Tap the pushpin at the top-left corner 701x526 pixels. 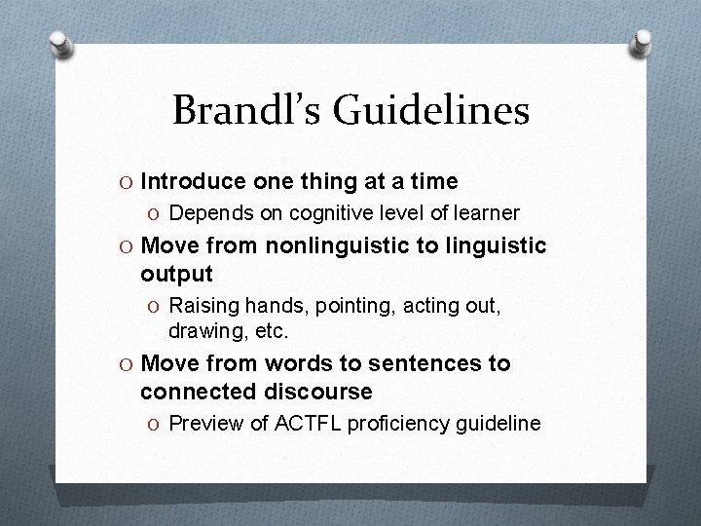click(x=60, y=44)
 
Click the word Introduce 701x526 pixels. click(x=194, y=181)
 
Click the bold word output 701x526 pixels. click(x=176, y=274)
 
